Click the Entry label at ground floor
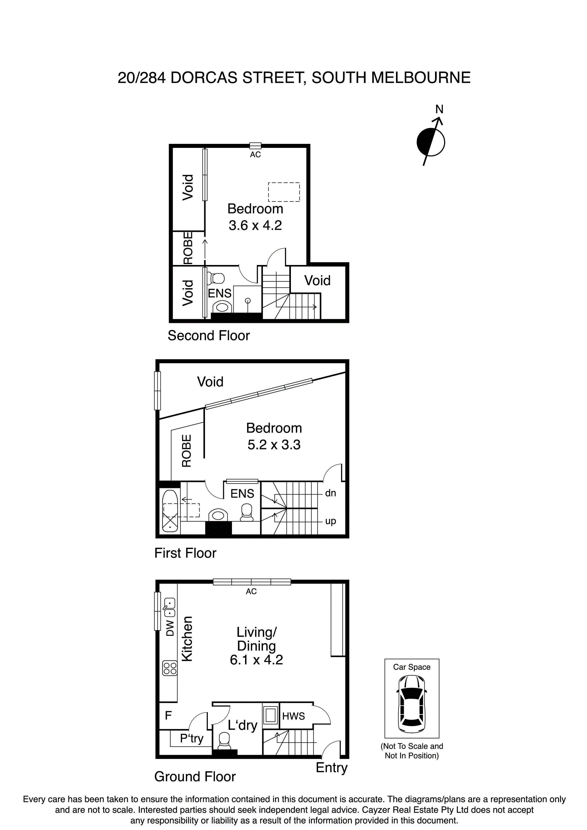[331, 768]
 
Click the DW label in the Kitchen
[170, 628]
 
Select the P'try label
[192, 738]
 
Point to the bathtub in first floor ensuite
[170, 510]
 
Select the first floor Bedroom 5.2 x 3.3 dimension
[274, 445]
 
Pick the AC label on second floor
[255, 155]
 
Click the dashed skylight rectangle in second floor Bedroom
[284, 192]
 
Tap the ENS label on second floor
[220, 293]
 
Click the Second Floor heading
[209, 336]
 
